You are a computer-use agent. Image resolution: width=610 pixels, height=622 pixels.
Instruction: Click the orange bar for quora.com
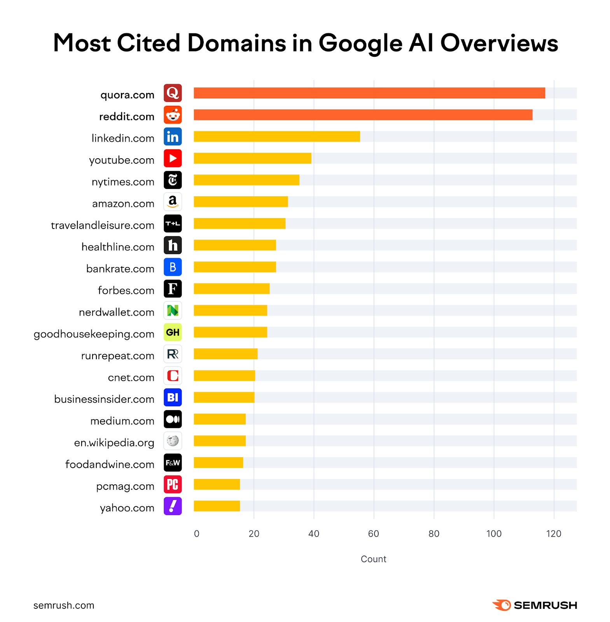pyautogui.click(x=369, y=93)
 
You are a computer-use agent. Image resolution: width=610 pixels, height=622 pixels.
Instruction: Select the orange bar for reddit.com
pyautogui.click(x=363, y=115)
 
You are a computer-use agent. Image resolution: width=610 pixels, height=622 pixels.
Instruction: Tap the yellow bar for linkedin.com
pyautogui.click(x=276, y=136)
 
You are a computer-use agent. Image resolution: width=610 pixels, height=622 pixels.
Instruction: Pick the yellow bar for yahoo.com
pyautogui.click(x=217, y=506)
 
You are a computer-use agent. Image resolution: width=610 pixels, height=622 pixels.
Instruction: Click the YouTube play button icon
pyautogui.click(x=173, y=158)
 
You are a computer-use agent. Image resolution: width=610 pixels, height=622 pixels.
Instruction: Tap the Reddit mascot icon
pyautogui.click(x=173, y=115)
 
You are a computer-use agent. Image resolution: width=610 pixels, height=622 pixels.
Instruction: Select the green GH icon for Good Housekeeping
pyautogui.click(x=173, y=332)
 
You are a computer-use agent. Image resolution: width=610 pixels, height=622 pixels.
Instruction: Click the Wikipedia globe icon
pyautogui.click(x=173, y=441)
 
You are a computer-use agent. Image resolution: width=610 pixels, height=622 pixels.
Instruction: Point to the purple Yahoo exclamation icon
pyautogui.click(x=173, y=506)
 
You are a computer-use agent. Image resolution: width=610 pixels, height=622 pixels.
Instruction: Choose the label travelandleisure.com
pyautogui.click(x=103, y=225)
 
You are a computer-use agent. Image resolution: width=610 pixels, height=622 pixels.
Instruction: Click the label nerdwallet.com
pyautogui.click(x=116, y=313)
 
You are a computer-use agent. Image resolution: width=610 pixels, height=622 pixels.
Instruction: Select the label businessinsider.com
pyautogui.click(x=104, y=399)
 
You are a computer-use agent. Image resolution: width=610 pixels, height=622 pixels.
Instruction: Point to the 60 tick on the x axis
pyautogui.click(x=373, y=534)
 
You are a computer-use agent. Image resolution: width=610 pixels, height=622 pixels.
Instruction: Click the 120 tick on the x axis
pyautogui.click(x=553, y=534)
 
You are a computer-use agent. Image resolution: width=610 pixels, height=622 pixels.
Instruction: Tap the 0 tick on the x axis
pyautogui.click(x=197, y=534)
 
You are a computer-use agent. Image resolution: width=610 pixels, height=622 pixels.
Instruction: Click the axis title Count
pyautogui.click(x=373, y=559)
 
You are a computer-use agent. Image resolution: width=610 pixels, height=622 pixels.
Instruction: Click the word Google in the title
pyautogui.click(x=360, y=44)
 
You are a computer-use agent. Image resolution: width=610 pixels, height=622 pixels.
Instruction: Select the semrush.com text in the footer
pyautogui.click(x=64, y=605)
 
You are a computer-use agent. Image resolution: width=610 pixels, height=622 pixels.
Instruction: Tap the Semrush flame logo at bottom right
pyautogui.click(x=502, y=605)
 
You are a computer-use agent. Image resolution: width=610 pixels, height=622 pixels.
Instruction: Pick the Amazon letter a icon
pyautogui.click(x=173, y=202)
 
